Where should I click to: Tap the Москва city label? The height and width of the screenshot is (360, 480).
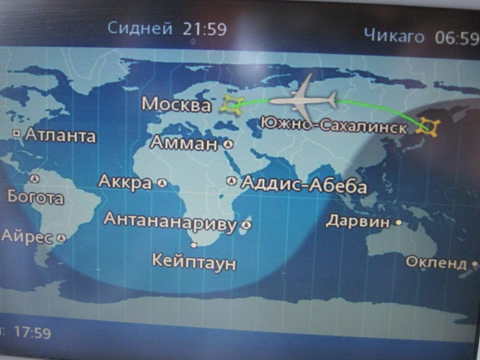pos(176,104)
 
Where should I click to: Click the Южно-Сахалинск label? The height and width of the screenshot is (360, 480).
pos(334,125)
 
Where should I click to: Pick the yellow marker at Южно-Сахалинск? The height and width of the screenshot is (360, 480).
pos(429,126)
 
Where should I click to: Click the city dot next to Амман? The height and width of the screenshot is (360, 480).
pos(228,145)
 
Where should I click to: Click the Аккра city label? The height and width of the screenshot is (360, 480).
pos(125,182)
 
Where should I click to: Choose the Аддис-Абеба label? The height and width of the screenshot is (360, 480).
pos(304,184)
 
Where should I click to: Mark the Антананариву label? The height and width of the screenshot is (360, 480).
pos(170,221)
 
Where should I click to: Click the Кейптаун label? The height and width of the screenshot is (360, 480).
pos(194,262)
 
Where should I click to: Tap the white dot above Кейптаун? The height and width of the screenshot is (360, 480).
pos(193,245)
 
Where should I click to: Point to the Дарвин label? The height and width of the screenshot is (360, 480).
pos(358,221)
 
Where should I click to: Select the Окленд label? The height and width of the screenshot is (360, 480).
pos(436,262)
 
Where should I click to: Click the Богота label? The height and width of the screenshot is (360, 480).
pos(35,197)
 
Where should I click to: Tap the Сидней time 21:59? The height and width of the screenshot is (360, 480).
pos(206,28)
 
